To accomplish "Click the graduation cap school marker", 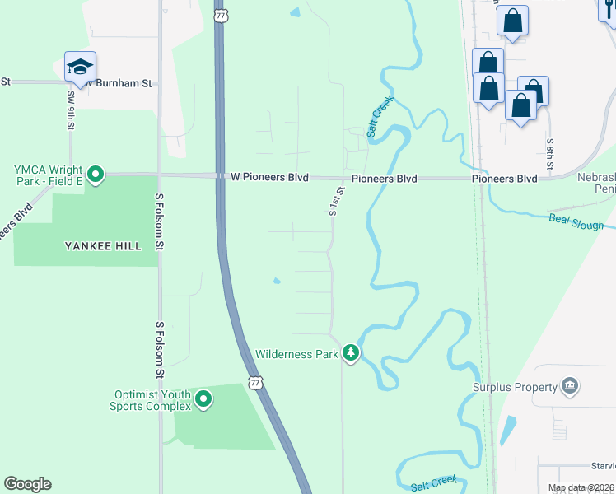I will coord(80,67).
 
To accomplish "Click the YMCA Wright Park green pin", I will coord(96,174).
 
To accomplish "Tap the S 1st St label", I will coord(335,200).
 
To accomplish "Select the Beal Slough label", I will coord(576,221).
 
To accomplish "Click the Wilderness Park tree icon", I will coord(352,353).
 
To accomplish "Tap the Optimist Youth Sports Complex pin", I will coord(203,400).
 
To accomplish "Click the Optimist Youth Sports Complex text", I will coord(151,399).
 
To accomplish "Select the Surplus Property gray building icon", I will coord(569,386).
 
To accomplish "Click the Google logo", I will coord(28,484).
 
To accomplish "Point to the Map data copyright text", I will coord(581,488).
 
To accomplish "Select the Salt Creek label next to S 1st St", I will coord(380,116).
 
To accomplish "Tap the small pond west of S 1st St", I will coord(277,282).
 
